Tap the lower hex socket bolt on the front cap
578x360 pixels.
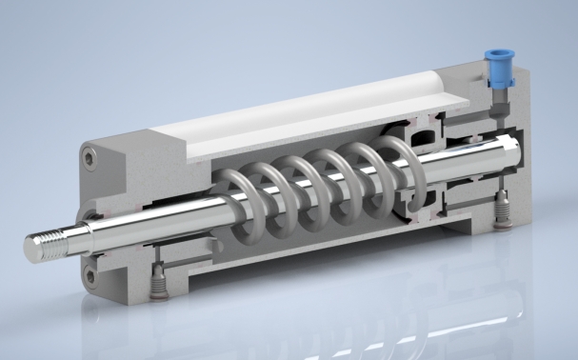pyautogui.click(x=90, y=275)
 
